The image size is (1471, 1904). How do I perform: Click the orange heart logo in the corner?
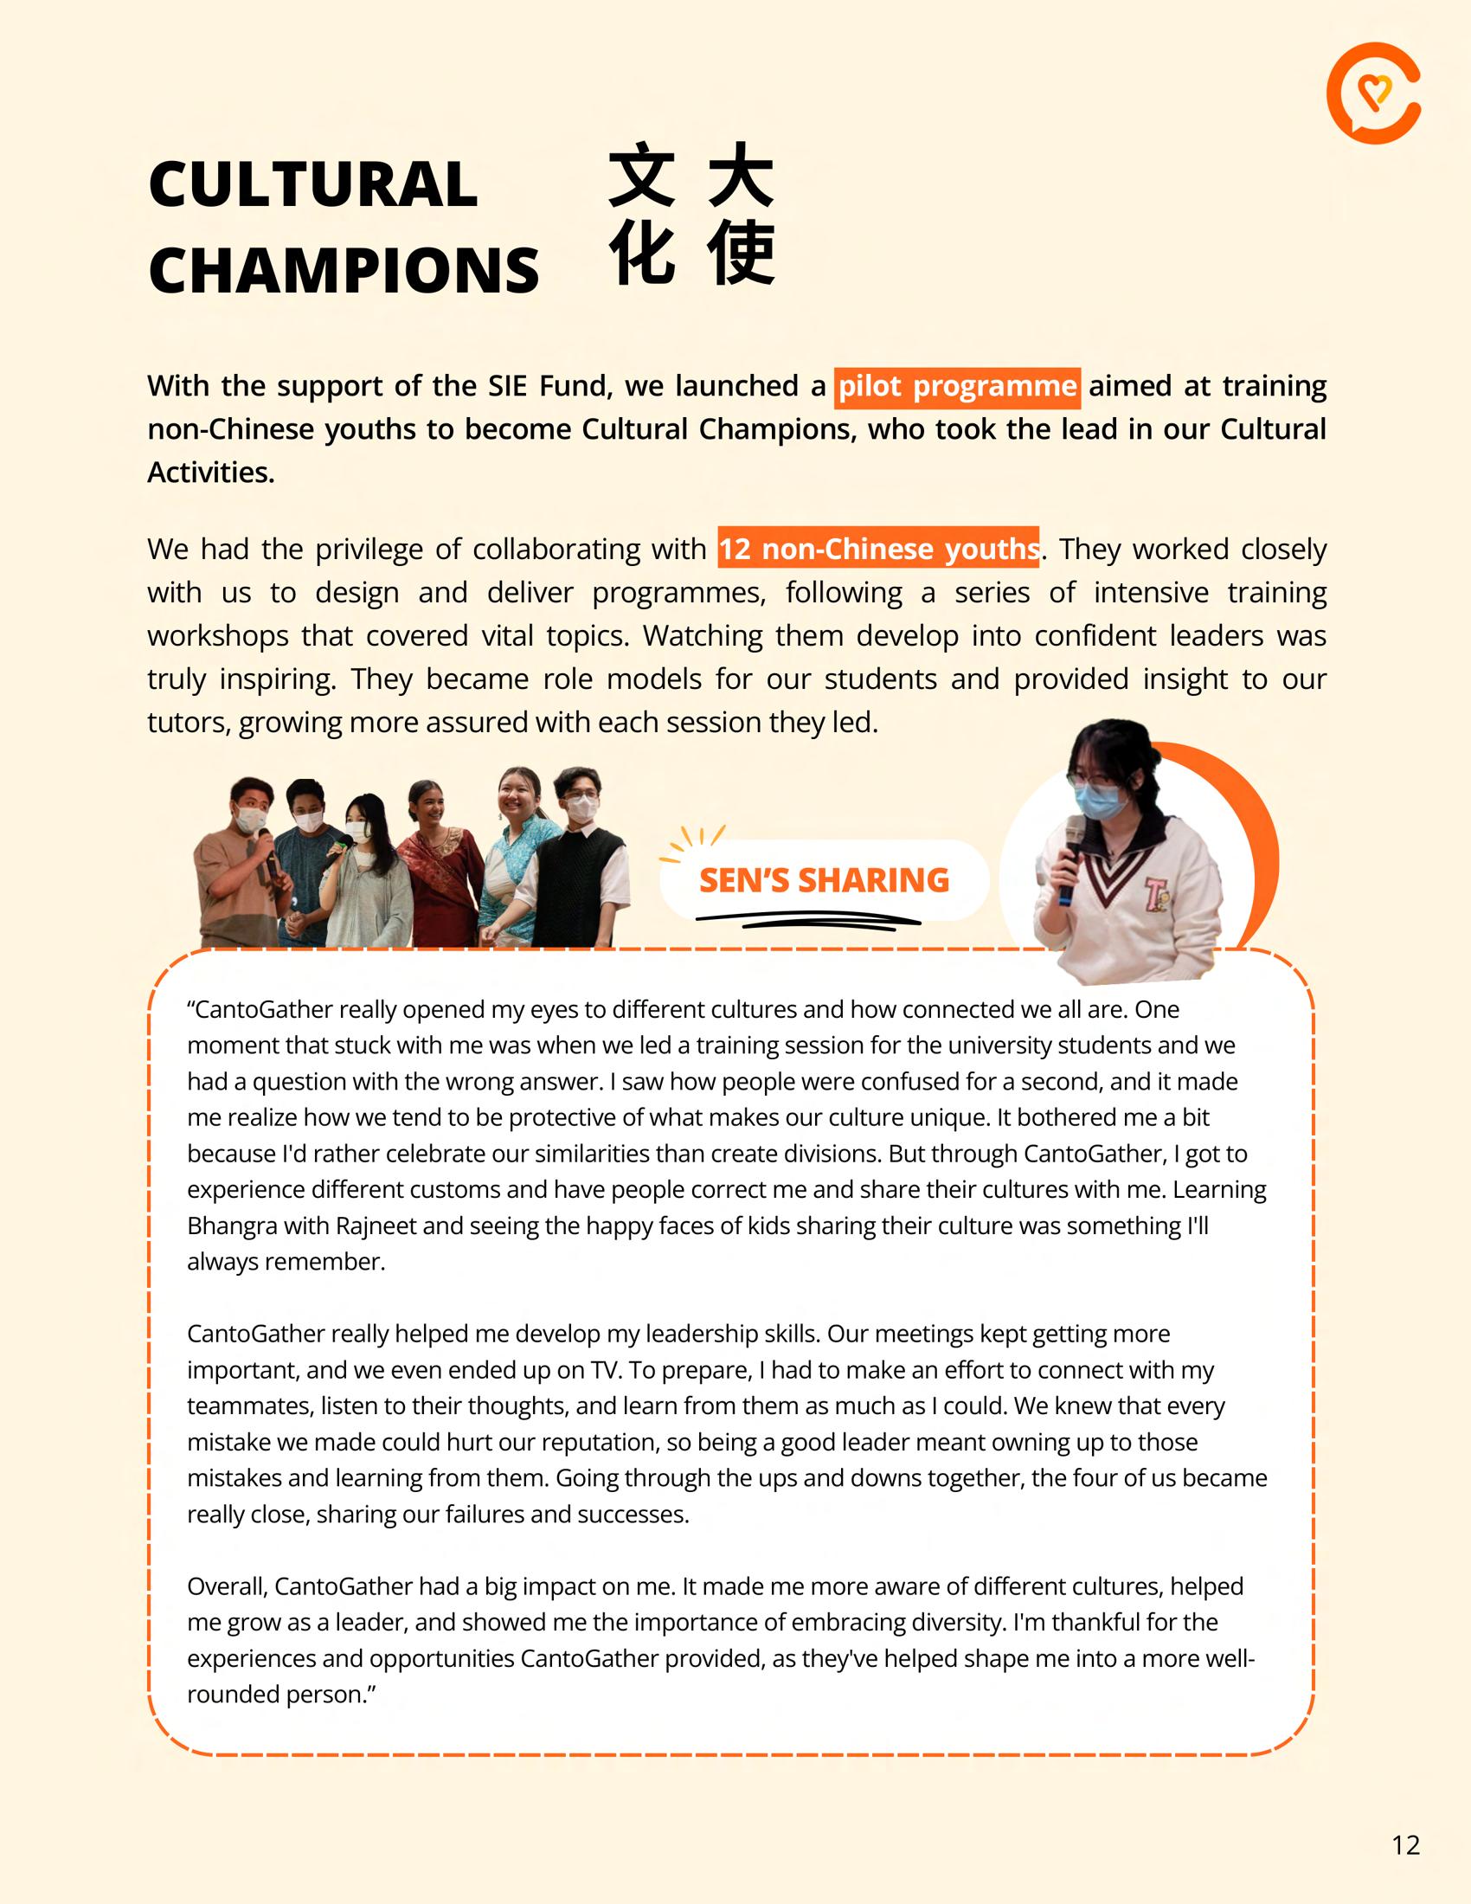click(x=1373, y=93)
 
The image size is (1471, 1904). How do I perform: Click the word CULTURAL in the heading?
click(x=313, y=185)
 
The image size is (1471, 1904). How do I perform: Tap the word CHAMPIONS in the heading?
click(x=344, y=269)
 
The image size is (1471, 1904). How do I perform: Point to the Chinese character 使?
click(x=741, y=253)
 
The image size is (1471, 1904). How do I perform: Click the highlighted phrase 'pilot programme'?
click(x=957, y=386)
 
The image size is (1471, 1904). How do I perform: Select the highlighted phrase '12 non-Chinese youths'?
click(x=878, y=550)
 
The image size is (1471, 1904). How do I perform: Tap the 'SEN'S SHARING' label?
click(x=824, y=880)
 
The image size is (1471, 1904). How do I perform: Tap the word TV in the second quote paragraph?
click(x=605, y=1370)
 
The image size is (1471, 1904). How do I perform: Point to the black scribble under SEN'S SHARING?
click(x=809, y=920)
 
